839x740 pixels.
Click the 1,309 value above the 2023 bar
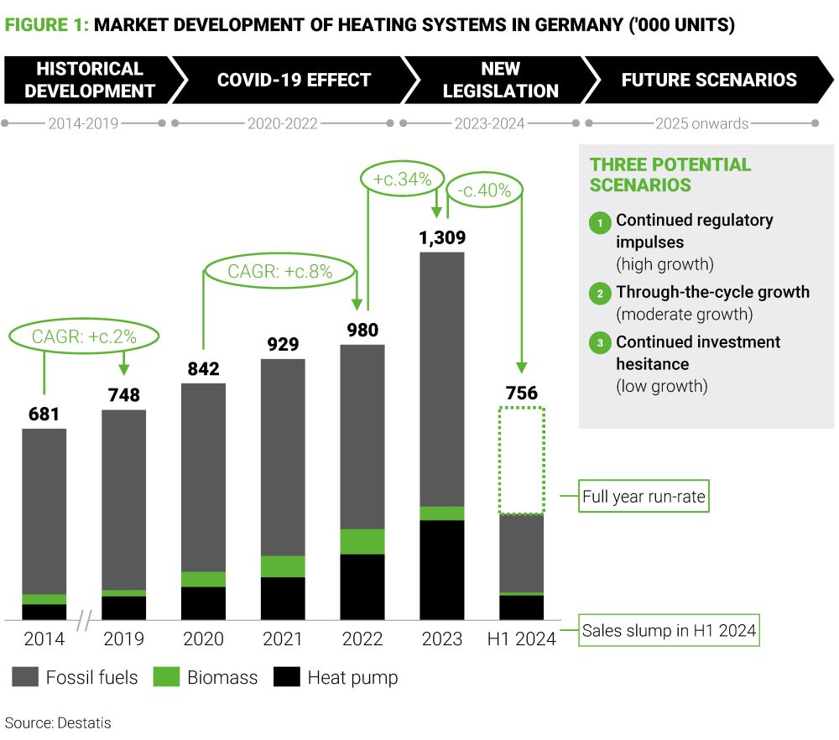tap(442, 237)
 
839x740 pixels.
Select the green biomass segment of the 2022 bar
tap(362, 541)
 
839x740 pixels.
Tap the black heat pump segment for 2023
tap(442, 571)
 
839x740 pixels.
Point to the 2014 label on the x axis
tap(44, 639)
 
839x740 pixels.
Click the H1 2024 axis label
tap(522, 639)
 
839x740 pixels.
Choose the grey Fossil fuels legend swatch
tap(24, 677)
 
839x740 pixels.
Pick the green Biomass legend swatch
tap(166, 677)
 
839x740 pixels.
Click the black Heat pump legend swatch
tap(286, 677)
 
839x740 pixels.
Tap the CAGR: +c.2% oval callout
tap(84, 337)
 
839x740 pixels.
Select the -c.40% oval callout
tap(485, 190)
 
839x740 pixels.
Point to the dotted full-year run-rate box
tap(522, 460)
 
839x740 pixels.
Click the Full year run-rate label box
tap(644, 497)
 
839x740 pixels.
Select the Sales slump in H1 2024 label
tap(670, 631)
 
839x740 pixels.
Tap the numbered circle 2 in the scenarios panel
tap(601, 293)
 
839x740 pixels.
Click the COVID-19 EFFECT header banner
tap(293, 81)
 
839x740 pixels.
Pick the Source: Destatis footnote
tap(58, 722)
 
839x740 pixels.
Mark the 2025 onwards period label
tap(701, 124)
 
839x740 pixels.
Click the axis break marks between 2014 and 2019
tap(83, 623)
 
